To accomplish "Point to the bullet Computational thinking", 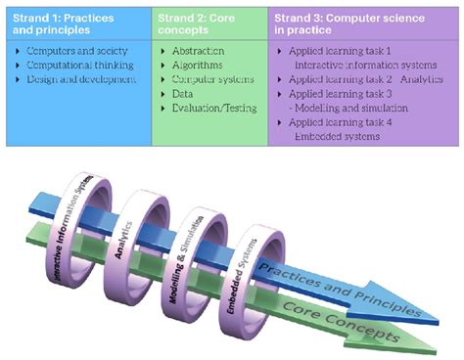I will [78, 66].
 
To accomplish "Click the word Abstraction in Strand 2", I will [198, 50].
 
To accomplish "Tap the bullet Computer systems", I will [209, 80].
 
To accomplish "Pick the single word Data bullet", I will [183, 96].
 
